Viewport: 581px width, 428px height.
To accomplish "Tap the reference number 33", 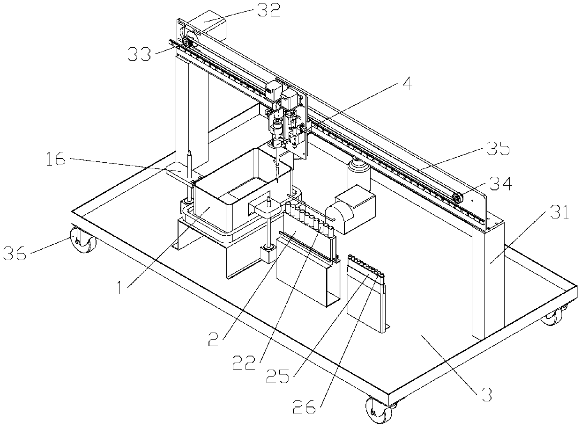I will point(141,54).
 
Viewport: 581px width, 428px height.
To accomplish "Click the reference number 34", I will point(500,184).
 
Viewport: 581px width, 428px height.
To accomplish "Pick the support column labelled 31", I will point(487,276).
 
